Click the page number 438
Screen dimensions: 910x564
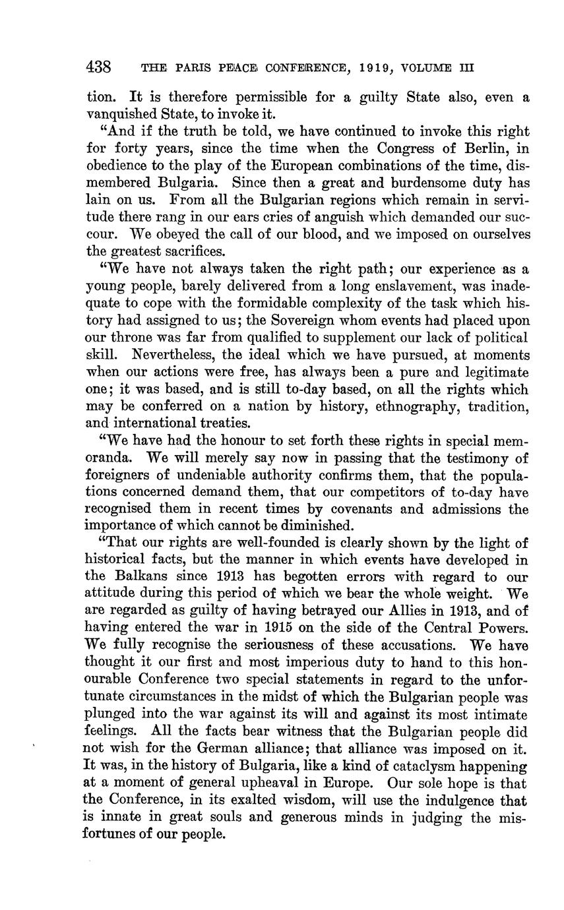pyautogui.click(x=98, y=67)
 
